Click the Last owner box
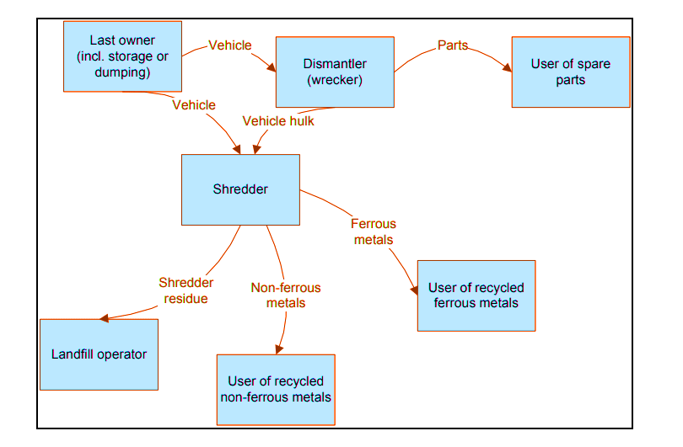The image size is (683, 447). [x=122, y=56]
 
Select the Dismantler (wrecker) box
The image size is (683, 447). [x=335, y=72]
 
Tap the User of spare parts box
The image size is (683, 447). [x=570, y=72]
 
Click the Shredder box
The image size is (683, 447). [x=240, y=189]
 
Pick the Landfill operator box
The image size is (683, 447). [x=98, y=354]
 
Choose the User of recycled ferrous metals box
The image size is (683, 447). [x=476, y=295]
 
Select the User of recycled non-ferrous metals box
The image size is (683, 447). [x=276, y=389]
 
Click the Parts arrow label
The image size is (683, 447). [x=453, y=45]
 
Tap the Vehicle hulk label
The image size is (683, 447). [x=278, y=121]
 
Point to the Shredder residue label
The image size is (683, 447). [x=186, y=290]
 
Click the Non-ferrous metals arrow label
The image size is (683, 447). [x=286, y=295]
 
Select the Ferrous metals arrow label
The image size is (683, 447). [x=373, y=231]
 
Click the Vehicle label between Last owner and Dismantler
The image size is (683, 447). [x=229, y=45]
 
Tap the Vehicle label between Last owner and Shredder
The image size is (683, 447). [x=194, y=105]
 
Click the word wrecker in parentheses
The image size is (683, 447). [x=335, y=80]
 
